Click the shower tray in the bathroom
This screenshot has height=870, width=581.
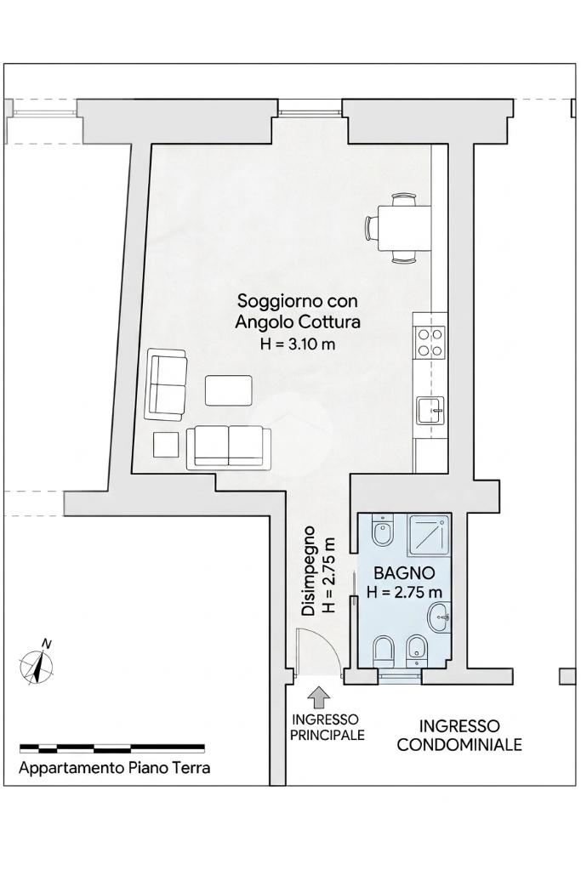[x=429, y=535]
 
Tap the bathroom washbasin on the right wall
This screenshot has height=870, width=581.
[x=439, y=617]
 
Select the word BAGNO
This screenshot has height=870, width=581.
[x=404, y=572]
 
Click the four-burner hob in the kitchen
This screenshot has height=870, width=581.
[x=430, y=342]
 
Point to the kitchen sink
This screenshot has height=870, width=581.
[x=431, y=411]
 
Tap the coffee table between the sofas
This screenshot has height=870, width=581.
[x=229, y=390]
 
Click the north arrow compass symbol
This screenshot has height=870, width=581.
[x=37, y=662]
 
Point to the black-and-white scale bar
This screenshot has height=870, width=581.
[x=112, y=748]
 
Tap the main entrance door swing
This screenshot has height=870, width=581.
[x=317, y=652]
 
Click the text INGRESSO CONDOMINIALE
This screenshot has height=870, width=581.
[x=459, y=735]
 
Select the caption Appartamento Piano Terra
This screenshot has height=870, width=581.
[x=114, y=769]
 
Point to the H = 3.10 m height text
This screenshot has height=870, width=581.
[x=298, y=344]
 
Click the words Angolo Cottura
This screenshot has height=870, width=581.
[x=298, y=322]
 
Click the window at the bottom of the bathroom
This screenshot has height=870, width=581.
[x=400, y=675]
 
